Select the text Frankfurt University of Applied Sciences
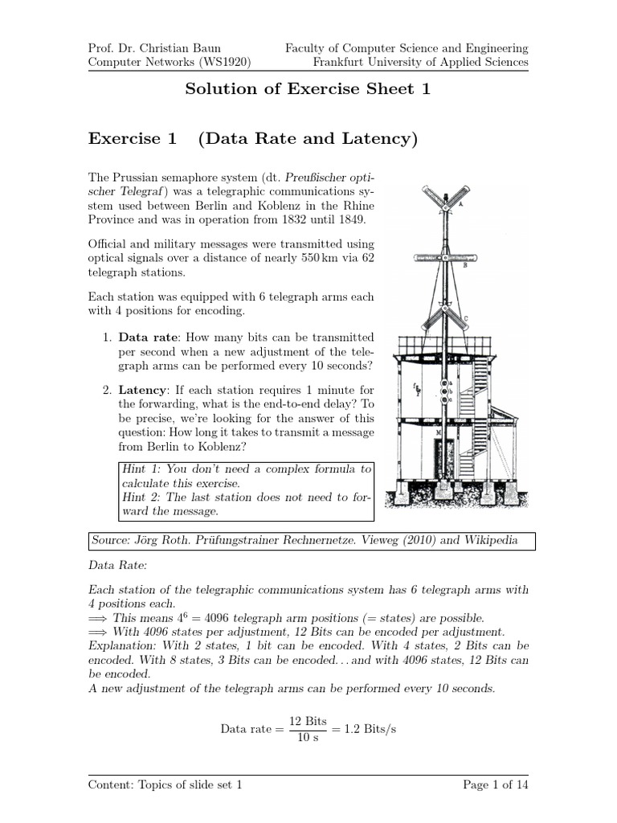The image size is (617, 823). (420, 62)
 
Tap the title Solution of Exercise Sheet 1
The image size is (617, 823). (308, 89)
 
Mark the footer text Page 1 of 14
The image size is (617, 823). (496, 785)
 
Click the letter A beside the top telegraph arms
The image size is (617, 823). (460, 205)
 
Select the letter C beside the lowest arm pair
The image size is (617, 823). (466, 319)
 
